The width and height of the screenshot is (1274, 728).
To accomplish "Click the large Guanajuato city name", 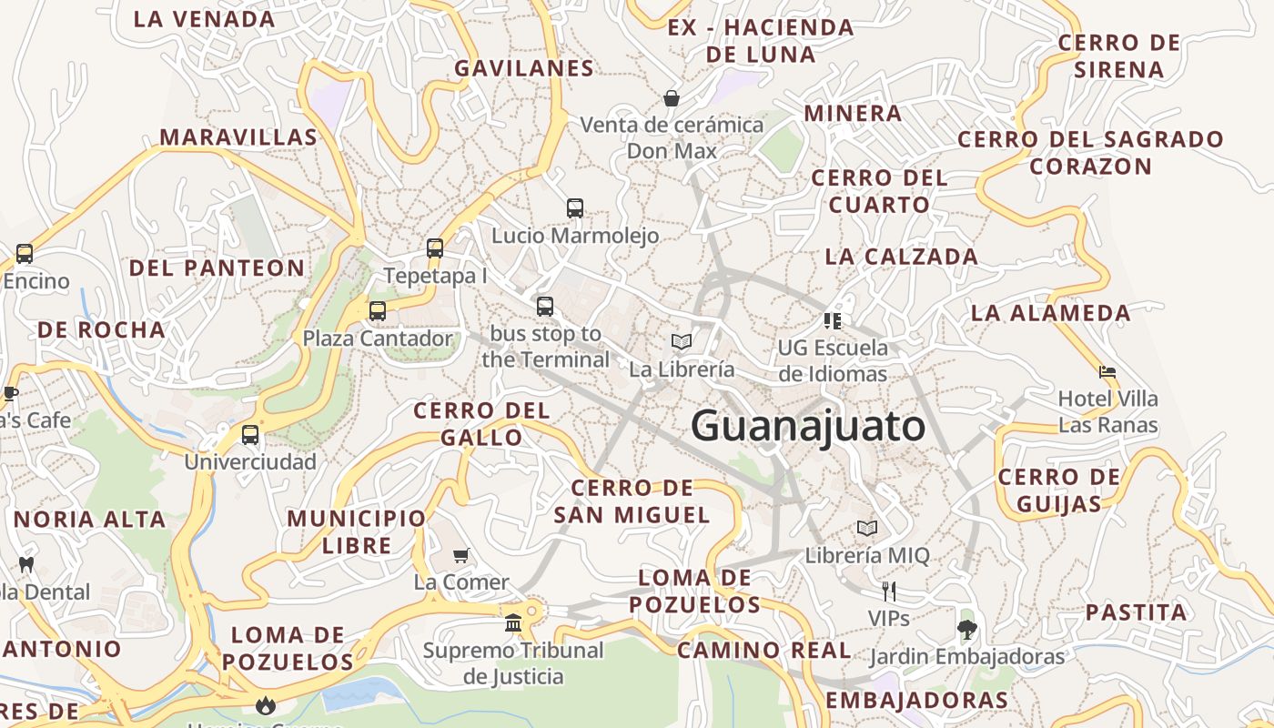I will (x=807, y=426).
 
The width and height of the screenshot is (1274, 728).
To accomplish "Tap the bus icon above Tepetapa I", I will (x=435, y=248).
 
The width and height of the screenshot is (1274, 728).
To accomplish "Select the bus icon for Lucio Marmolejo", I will (x=574, y=208).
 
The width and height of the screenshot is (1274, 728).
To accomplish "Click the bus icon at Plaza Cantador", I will (x=378, y=311).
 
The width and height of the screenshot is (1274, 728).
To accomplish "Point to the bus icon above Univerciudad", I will (x=250, y=435).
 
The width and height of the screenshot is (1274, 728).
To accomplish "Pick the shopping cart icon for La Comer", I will (x=461, y=555).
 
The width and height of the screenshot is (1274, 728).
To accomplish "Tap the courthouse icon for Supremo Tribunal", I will (x=513, y=623).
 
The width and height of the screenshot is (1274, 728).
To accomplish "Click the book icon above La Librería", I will (x=682, y=342).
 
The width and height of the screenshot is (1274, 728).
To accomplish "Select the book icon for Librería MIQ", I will (x=867, y=529).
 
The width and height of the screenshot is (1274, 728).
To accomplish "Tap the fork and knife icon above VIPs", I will (x=889, y=591).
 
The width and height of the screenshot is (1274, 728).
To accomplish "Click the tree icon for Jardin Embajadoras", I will (x=966, y=629).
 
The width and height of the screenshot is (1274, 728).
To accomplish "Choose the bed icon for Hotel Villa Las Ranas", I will (x=1107, y=372).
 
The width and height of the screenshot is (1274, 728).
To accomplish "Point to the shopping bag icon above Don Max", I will (x=672, y=97).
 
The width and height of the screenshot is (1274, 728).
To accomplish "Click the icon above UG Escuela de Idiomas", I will (x=833, y=320).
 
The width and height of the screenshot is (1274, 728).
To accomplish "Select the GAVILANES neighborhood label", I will (x=524, y=68).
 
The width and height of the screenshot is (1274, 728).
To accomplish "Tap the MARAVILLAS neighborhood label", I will (x=238, y=137).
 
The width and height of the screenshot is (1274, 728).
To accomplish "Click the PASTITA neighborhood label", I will (x=1136, y=612).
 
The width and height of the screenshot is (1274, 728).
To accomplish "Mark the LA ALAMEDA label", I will (x=1050, y=313).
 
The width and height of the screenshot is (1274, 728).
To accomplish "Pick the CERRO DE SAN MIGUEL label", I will (x=632, y=501).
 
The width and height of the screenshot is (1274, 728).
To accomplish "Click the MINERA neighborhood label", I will (x=853, y=114).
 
